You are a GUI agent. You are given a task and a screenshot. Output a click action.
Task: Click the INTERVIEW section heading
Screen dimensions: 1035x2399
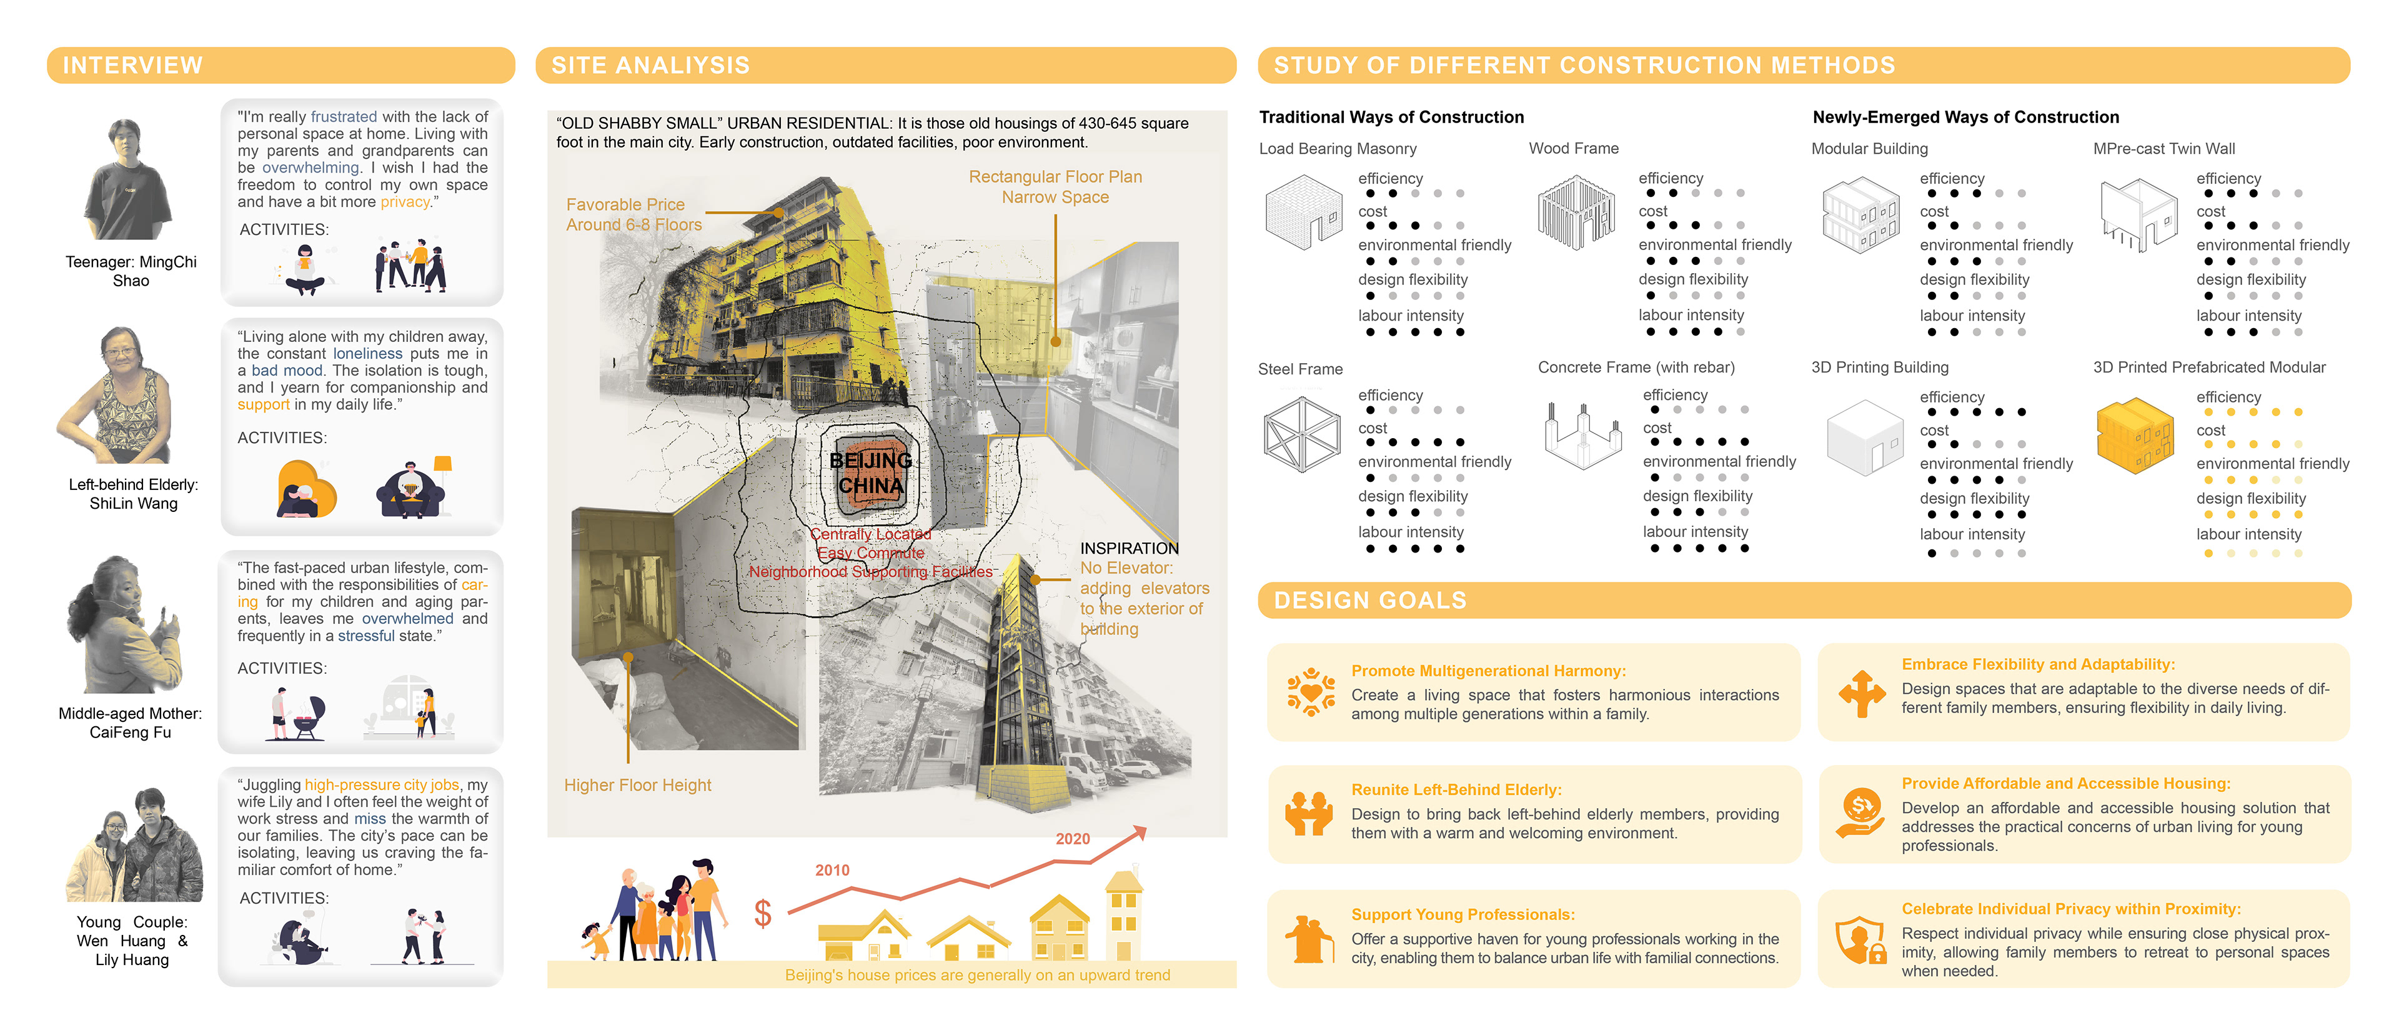(x=132, y=65)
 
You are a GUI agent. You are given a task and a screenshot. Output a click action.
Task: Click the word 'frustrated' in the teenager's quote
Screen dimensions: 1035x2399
(x=344, y=116)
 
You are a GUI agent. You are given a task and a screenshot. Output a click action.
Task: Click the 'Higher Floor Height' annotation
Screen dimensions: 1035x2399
(x=637, y=786)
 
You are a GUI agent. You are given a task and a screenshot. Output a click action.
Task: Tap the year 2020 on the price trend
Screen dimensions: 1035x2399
(x=1072, y=838)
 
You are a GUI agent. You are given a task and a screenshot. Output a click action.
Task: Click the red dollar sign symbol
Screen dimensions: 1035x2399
(x=763, y=914)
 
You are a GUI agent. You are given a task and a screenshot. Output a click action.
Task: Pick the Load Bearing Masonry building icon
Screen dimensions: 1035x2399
(x=1303, y=212)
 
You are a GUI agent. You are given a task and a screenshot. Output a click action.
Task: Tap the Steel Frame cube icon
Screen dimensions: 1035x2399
(x=1301, y=434)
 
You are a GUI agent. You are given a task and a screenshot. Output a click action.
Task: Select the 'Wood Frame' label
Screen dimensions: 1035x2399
(x=1573, y=148)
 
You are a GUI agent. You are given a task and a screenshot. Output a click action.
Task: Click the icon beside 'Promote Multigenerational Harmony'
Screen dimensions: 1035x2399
(x=1310, y=692)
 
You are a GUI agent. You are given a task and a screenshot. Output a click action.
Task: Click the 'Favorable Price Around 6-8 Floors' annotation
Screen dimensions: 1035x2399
(x=633, y=214)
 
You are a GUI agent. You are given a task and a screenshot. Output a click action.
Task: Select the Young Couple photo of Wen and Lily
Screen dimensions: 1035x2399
(x=135, y=846)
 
